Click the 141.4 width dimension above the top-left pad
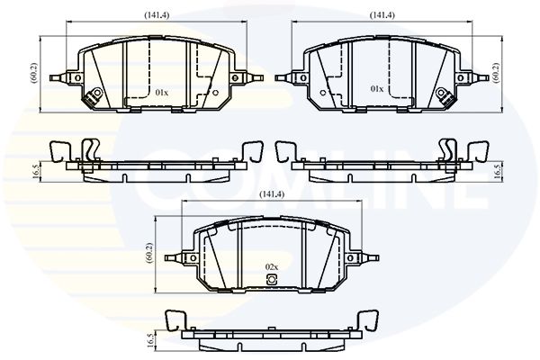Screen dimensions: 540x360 coord(157,15)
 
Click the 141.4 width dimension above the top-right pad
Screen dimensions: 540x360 coord(382,15)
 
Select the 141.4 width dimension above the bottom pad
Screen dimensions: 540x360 coord(272,194)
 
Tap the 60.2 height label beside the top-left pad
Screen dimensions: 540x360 coord(34,74)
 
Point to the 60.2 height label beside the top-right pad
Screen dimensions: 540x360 coord(496,73)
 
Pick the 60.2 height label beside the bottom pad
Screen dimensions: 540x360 coord(149,253)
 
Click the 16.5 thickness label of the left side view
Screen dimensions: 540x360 coord(35,171)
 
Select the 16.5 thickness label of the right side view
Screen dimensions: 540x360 coord(497,171)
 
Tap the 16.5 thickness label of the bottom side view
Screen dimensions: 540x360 coord(150,340)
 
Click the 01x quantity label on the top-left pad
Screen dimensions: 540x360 coord(161,93)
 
